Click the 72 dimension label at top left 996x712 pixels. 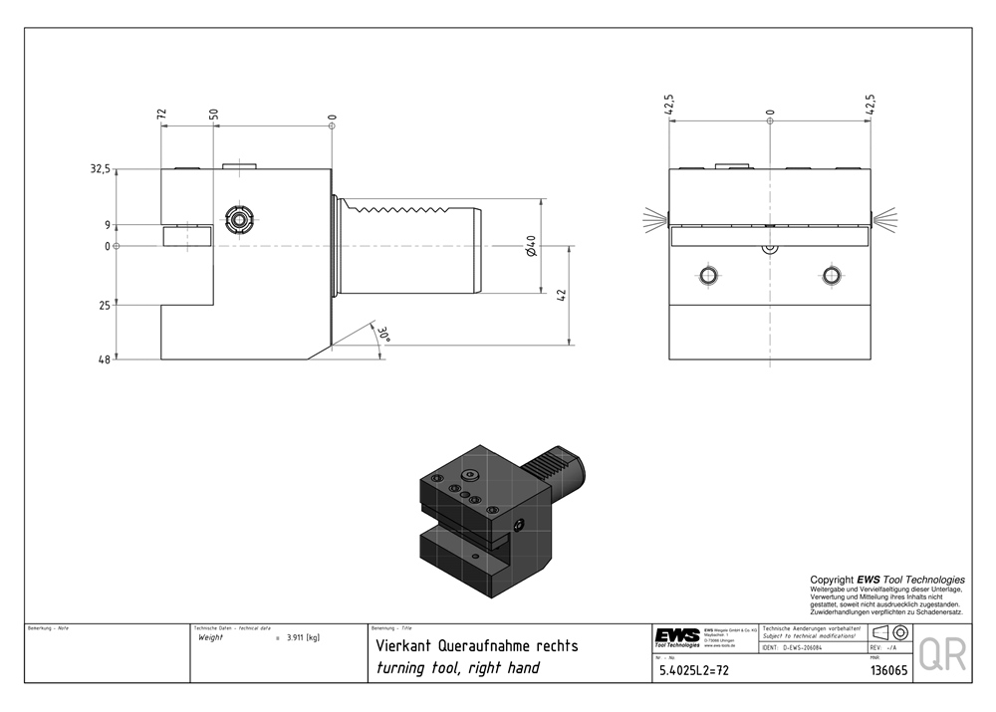point(161,116)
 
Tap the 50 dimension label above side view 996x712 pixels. point(213,116)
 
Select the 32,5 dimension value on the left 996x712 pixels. point(100,170)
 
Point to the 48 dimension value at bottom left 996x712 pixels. point(104,359)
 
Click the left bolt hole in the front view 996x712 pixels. point(708,274)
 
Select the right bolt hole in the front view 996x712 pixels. point(831,274)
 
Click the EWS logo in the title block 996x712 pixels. point(676,635)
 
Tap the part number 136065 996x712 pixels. point(888,670)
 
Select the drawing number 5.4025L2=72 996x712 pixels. point(694,670)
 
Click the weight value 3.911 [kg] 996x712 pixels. point(302,637)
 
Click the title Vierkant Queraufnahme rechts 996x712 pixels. point(475,646)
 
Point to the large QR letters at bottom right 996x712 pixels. point(941,654)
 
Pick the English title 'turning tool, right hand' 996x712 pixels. point(457,668)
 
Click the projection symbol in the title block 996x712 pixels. point(888,633)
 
